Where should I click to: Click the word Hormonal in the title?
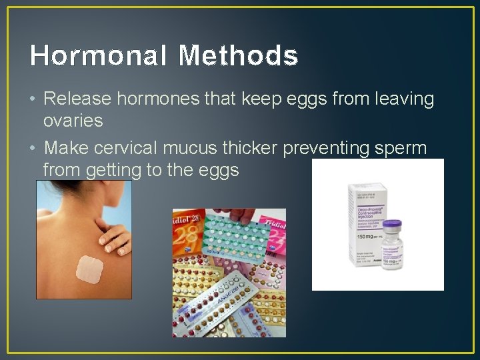click(97, 56)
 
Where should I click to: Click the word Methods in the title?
click(238, 56)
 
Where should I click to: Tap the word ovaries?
click(73, 121)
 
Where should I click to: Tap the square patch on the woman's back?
click(89, 269)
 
